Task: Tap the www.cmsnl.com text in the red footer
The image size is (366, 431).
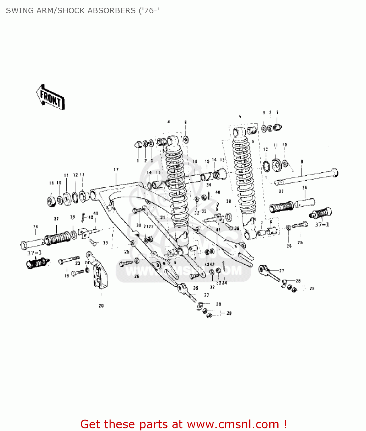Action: click(x=233, y=424)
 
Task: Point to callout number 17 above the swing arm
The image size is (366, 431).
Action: click(x=116, y=170)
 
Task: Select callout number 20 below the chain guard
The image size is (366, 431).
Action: click(x=101, y=306)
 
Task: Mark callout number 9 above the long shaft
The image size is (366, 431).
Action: click(x=301, y=162)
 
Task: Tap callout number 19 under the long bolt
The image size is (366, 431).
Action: click(x=67, y=276)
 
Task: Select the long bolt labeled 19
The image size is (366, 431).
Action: click(x=69, y=260)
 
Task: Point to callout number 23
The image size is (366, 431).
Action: click(x=78, y=263)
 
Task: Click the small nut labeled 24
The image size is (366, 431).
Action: click(x=87, y=270)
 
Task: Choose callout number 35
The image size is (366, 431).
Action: click(x=196, y=288)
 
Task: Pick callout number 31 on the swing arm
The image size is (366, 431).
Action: click(x=162, y=218)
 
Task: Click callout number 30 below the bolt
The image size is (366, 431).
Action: click(x=139, y=226)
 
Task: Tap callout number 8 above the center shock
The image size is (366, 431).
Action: click(x=185, y=122)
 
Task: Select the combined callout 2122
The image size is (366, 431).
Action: click(x=148, y=226)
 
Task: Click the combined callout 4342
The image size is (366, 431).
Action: click(x=209, y=265)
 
